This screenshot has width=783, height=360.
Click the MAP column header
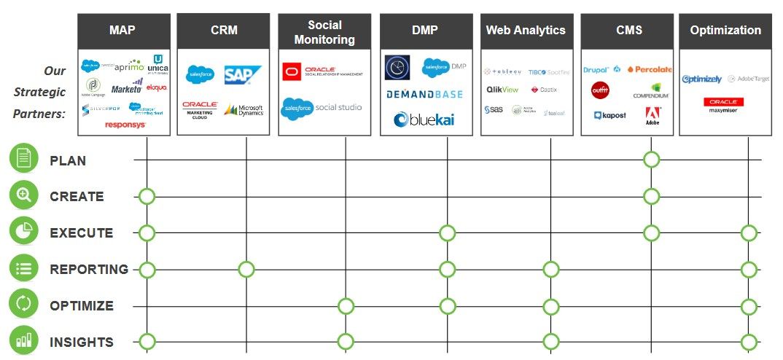[124, 31]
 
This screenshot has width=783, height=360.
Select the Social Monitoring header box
[325, 33]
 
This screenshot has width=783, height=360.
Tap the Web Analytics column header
[526, 31]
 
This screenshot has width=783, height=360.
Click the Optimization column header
[725, 31]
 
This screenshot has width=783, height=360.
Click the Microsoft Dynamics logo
[244, 110]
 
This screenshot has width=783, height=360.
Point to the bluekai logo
[426, 120]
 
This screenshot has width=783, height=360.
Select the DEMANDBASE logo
[425, 95]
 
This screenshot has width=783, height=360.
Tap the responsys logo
[125, 125]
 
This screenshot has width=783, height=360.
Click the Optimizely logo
[702, 79]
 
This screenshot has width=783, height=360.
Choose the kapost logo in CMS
[609, 115]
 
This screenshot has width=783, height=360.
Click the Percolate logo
[649, 70]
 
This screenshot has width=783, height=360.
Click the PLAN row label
[68, 160]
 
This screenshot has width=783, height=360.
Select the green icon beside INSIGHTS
[23, 342]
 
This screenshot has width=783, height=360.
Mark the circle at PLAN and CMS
[652, 160]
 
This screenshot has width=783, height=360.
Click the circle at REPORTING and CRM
[246, 270]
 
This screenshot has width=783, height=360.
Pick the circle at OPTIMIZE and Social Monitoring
[346, 306]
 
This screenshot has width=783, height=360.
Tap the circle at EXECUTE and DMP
[447, 233]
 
